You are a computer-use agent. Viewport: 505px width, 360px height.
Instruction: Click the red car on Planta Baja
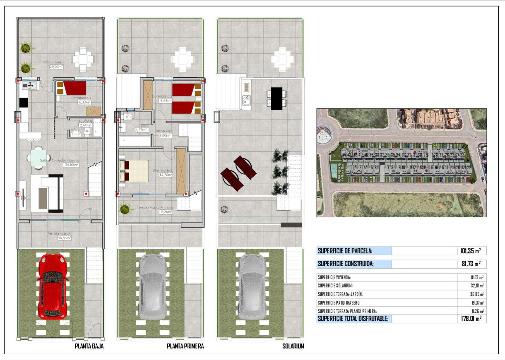coord(53,286)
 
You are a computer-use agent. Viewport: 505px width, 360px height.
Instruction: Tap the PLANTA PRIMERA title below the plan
coord(185,346)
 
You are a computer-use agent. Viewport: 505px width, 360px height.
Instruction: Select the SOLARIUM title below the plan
coord(293,346)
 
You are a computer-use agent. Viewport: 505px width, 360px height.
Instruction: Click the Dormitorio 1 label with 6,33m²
coord(81,100)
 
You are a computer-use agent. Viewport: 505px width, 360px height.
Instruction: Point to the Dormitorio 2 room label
coord(163,173)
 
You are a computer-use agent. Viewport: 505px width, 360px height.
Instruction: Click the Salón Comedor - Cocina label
coord(60,162)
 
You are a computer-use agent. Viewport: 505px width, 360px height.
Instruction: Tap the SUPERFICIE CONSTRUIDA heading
coord(345,264)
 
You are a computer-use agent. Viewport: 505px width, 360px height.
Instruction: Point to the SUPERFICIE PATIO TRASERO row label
coord(339,302)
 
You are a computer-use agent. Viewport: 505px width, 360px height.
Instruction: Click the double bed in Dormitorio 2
coord(134,171)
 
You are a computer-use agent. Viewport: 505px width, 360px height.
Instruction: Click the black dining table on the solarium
coord(276,98)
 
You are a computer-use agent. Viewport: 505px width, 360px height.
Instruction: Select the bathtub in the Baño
coord(135,142)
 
